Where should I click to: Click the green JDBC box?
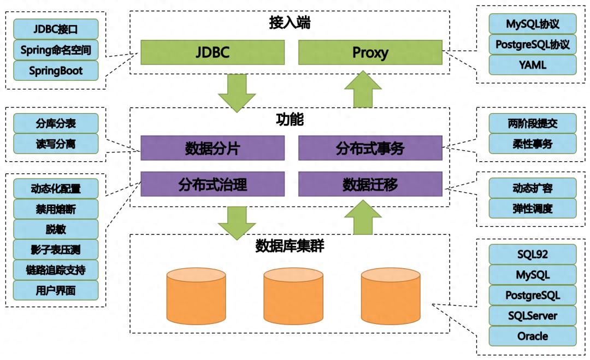tap(213, 52)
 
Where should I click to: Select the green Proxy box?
tap(370, 52)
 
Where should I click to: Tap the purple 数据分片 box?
tap(213, 148)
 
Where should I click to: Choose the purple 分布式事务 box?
tap(370, 148)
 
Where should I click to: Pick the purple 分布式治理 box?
tap(213, 184)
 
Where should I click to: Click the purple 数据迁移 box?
tap(370, 184)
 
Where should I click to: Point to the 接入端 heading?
tap(290, 23)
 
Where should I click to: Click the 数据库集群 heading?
tap(290, 246)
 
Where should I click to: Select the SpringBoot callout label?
tap(56, 70)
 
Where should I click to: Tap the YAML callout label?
tap(532, 65)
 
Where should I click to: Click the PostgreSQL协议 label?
tap(532, 44)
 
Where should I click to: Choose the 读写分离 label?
tap(56, 143)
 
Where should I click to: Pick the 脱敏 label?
tap(56, 229)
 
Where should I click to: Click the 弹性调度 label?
tap(532, 208)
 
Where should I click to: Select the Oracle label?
tap(532, 336)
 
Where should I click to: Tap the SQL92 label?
tap(532, 254)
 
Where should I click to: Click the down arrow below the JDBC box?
tap(237, 92)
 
